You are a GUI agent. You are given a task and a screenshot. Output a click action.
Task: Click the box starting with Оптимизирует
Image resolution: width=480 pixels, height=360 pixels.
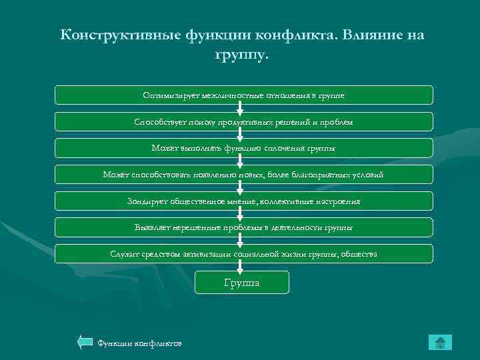coord(243,95)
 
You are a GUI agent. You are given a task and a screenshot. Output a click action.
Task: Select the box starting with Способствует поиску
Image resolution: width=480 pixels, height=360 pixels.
coord(243,121)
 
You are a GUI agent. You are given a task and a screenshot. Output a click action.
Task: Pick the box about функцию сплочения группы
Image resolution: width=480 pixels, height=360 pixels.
coord(243,148)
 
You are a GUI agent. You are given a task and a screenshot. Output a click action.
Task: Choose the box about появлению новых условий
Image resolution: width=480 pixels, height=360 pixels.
coord(243,175)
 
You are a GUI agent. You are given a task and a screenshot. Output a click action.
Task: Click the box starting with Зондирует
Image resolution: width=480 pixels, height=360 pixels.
coord(243,201)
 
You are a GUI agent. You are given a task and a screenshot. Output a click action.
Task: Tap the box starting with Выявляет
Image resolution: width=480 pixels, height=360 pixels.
coord(243,227)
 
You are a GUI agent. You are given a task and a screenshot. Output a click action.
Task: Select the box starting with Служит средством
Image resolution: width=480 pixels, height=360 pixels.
coord(243,253)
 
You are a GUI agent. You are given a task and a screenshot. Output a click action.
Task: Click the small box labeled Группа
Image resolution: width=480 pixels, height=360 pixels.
coord(242,282)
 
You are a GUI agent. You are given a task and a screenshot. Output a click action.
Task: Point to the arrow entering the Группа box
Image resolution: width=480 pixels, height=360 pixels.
coord(242,267)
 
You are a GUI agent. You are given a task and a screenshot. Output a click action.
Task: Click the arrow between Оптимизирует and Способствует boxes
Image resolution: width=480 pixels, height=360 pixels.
coord(242,108)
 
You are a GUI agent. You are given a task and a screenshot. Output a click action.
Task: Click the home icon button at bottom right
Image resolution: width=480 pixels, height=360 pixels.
coord(440,343)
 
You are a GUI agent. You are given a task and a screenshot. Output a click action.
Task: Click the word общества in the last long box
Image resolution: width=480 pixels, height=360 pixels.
coord(358,254)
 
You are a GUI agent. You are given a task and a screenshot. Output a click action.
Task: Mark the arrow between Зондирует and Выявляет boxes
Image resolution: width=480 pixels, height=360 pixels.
coord(242,214)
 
